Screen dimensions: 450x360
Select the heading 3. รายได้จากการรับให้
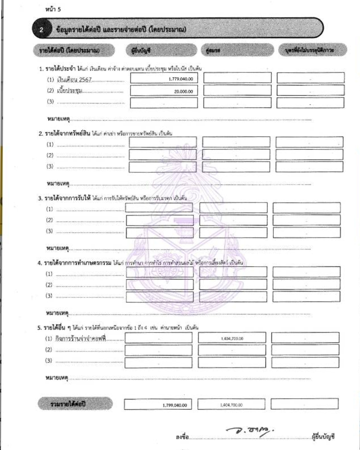(64, 198)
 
